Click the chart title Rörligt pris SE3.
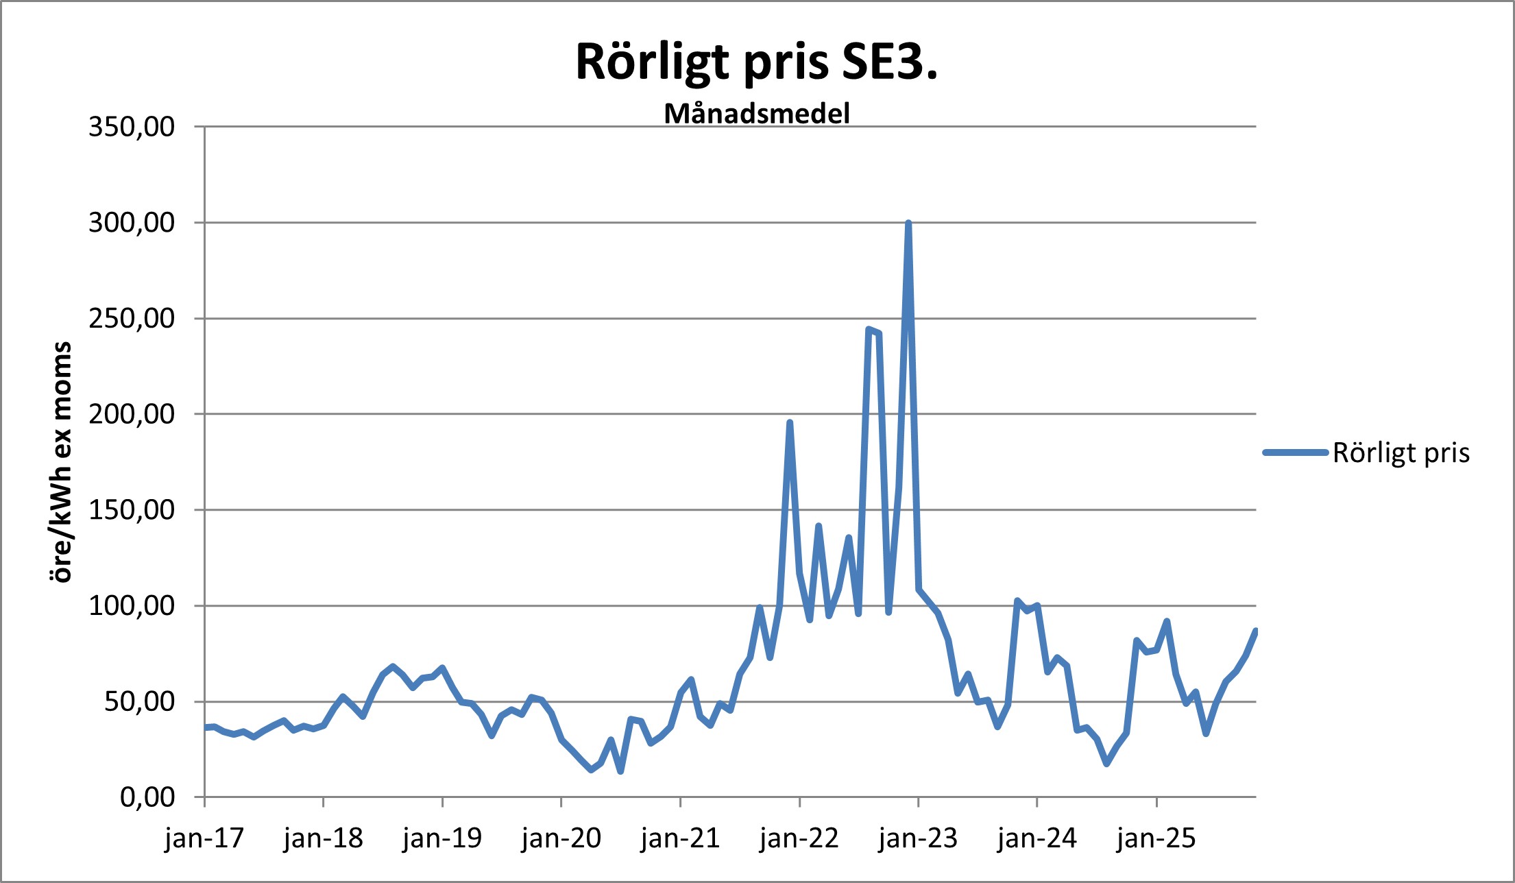click(x=756, y=62)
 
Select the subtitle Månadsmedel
click(x=757, y=114)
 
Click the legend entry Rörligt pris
click(x=1401, y=453)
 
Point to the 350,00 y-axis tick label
click(x=132, y=127)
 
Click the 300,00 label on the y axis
click(x=132, y=223)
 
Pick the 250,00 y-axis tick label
click(x=132, y=319)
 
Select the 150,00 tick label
click(x=132, y=510)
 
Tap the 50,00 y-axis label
click(x=139, y=702)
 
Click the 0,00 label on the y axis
click(x=147, y=797)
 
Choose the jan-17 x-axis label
click(x=204, y=838)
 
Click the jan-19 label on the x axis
click(x=442, y=838)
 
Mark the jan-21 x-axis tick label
click(x=680, y=838)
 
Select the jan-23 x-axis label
click(x=918, y=838)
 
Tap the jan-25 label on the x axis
click(x=1156, y=838)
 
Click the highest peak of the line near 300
click(x=908, y=223)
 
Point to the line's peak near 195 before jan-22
click(x=790, y=423)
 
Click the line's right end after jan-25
click(x=1255, y=631)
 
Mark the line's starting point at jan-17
click(x=205, y=727)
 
